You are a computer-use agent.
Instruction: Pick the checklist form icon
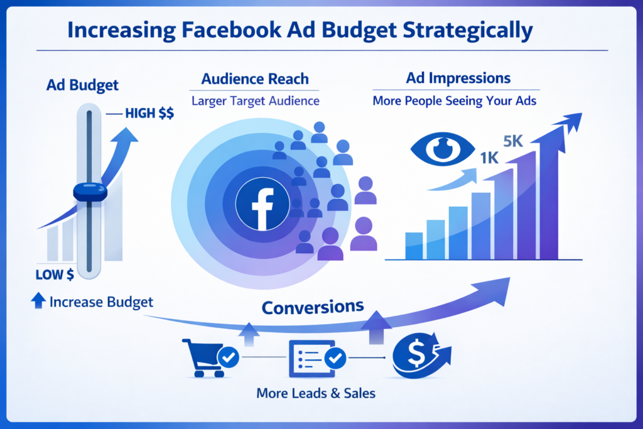coord(311,359)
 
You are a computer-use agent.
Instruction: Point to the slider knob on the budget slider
coord(90,193)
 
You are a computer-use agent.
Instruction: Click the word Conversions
coord(312,308)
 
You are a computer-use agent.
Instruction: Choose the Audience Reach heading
coord(255,80)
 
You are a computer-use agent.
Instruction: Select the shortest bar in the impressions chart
coord(414,246)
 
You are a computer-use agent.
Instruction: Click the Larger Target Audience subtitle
coord(255,100)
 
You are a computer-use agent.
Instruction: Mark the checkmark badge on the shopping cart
coord(228,359)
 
